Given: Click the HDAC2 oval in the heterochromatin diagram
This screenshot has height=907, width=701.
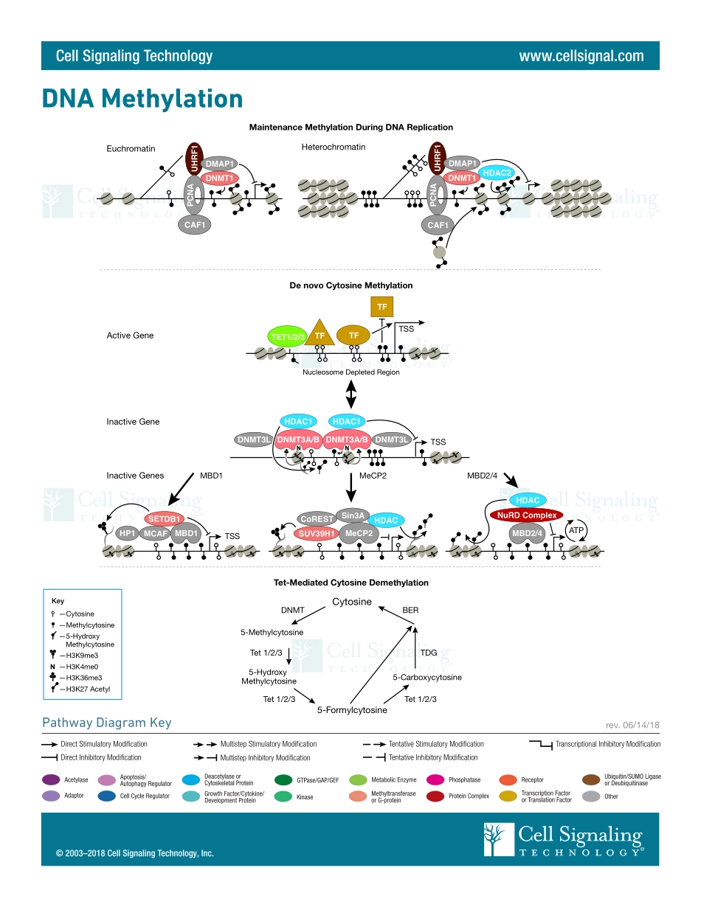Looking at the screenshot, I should click(x=497, y=173).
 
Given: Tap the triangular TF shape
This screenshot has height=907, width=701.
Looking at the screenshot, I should click(x=320, y=334).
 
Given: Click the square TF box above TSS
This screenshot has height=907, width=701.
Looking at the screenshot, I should click(x=381, y=306).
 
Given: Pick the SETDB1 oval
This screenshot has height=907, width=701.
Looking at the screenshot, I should click(x=168, y=518).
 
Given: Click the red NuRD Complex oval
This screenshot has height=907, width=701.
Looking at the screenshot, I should click(x=526, y=515).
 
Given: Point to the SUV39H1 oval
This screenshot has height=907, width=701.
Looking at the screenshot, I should click(x=317, y=532).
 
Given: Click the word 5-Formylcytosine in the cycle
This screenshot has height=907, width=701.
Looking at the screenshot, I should click(x=352, y=710).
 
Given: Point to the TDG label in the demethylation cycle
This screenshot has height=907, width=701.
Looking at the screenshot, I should click(x=428, y=653).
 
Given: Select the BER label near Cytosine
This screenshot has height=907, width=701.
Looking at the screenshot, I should click(x=410, y=610).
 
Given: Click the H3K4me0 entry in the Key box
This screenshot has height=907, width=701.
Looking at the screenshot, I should click(x=81, y=667).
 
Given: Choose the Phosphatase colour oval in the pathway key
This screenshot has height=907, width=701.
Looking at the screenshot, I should click(x=435, y=779).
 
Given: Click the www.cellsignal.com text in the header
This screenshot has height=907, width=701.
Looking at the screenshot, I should click(x=581, y=56).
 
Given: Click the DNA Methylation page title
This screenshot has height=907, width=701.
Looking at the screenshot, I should click(x=142, y=98).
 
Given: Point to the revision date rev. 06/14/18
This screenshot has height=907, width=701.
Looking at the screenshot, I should click(x=633, y=726).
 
